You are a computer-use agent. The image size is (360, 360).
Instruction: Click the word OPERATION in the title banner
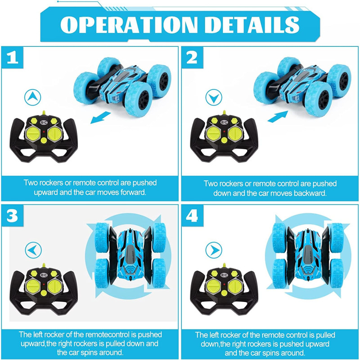tap(129, 25)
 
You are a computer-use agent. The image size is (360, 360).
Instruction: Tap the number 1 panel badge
tap(13, 58)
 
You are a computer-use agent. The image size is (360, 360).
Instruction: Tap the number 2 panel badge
tap(192, 58)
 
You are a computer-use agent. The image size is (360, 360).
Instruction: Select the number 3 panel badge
tap(13, 216)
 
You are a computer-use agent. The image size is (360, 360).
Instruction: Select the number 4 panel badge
tap(192, 216)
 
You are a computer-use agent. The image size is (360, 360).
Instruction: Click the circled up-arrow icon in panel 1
tap(32, 97)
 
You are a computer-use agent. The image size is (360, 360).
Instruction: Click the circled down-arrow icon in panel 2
tap(214, 97)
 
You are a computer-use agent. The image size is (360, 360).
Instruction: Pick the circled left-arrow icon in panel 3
tap(33, 250)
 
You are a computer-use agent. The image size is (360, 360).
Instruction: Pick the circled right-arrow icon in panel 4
tap(214, 250)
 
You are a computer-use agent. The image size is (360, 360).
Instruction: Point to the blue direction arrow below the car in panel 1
tap(100, 117)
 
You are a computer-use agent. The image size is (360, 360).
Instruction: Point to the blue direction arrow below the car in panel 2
tap(278, 117)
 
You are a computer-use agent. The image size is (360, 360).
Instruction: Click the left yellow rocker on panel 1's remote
tap(33, 134)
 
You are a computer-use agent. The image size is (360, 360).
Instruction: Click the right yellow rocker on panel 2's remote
tap(235, 134)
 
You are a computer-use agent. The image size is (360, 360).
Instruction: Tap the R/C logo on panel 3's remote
tap(44, 275)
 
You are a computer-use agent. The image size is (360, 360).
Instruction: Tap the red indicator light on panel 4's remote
tap(224, 285)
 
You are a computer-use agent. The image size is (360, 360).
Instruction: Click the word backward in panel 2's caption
tap(310, 193)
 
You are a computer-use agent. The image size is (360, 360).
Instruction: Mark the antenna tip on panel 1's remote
tap(44, 111)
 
